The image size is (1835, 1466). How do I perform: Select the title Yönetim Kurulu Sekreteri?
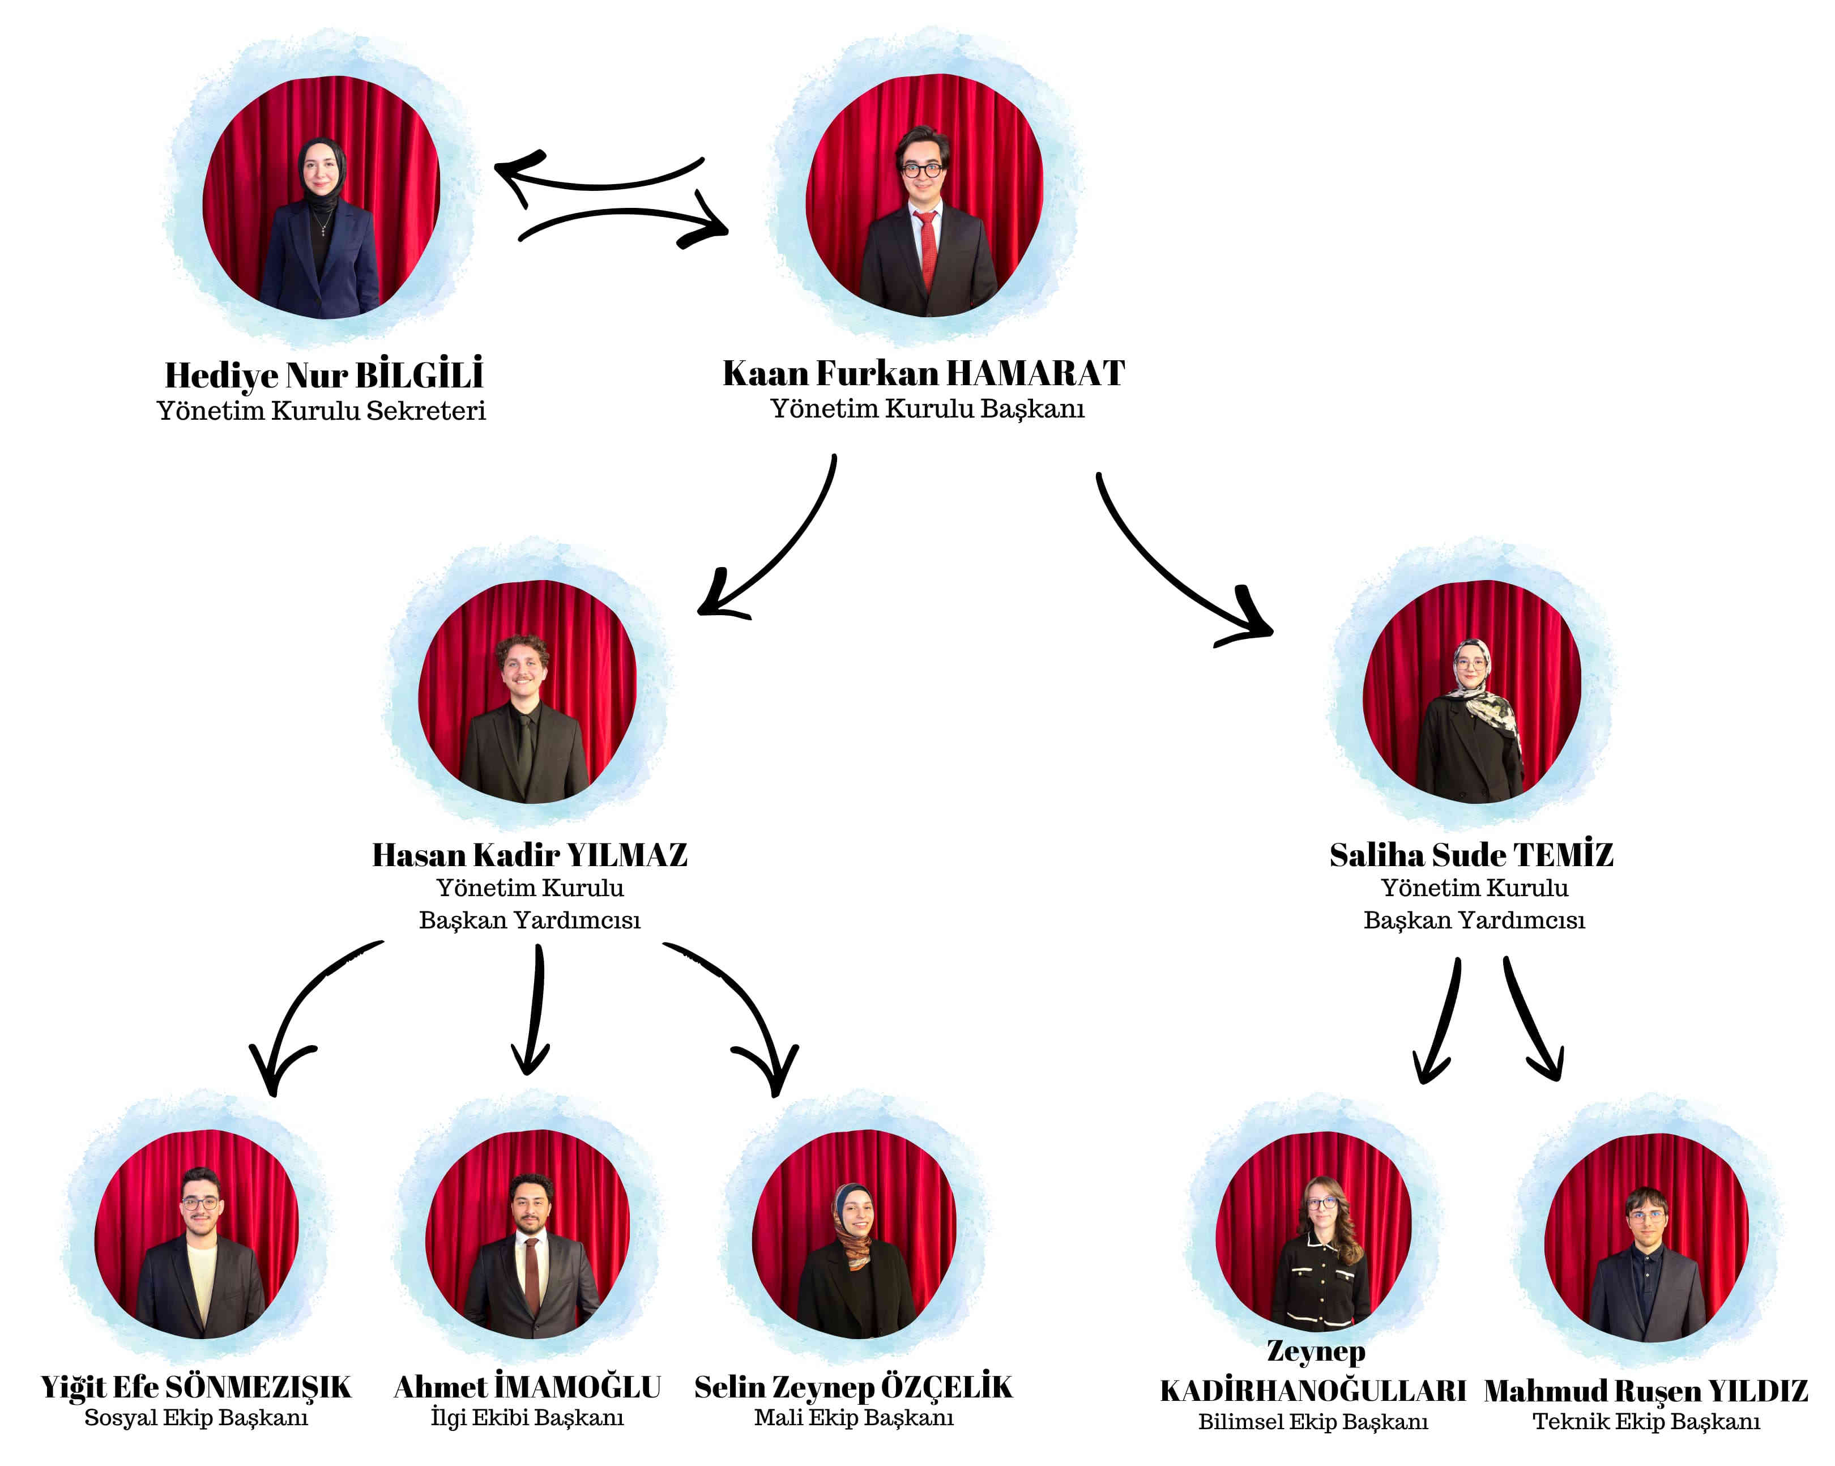(x=321, y=411)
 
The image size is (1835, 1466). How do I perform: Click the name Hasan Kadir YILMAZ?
(x=530, y=855)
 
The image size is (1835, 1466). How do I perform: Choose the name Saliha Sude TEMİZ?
(x=1471, y=855)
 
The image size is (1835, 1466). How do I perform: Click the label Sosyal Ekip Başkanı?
(x=196, y=1417)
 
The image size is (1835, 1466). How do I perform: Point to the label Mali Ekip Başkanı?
(x=854, y=1417)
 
